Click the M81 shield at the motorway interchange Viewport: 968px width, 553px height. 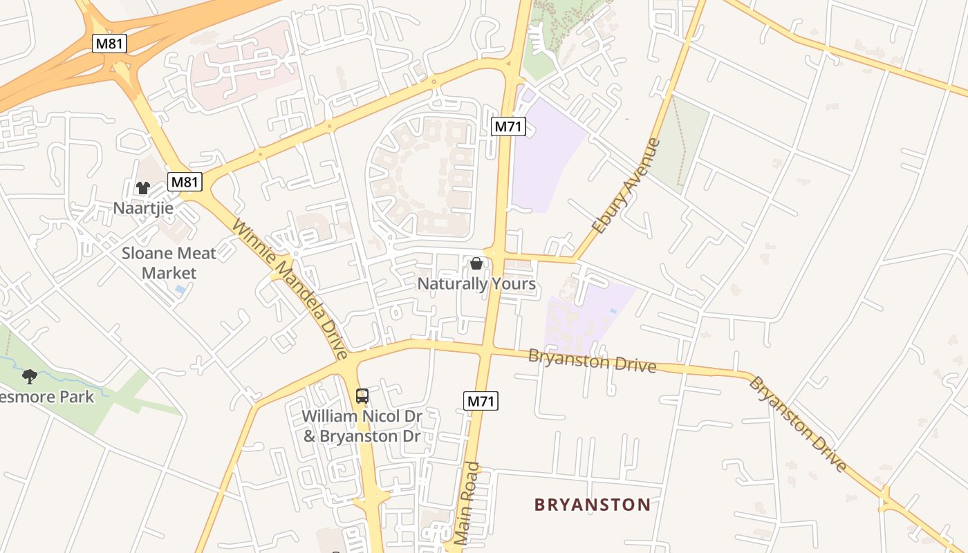(x=111, y=43)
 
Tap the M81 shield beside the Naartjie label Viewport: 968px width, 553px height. (x=185, y=182)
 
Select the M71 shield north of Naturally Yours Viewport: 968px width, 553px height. (x=509, y=126)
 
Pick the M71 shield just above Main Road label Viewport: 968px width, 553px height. (x=481, y=400)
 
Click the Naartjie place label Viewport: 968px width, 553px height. (x=143, y=207)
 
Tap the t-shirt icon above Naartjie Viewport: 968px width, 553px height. (x=143, y=187)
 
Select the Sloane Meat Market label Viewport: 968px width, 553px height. (x=169, y=263)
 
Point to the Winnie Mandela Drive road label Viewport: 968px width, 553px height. (x=290, y=289)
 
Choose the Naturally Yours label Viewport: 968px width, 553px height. (x=476, y=283)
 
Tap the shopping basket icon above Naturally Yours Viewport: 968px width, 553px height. (x=476, y=263)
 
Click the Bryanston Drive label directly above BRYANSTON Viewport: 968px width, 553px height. (x=591, y=360)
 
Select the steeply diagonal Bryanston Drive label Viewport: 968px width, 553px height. (x=798, y=424)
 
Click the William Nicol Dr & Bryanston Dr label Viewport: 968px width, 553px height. (x=362, y=426)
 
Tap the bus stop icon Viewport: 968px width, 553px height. (x=362, y=396)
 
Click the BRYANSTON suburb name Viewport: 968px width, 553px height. (x=593, y=505)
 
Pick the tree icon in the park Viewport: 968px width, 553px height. (x=30, y=377)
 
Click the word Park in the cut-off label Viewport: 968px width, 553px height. (x=77, y=397)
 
